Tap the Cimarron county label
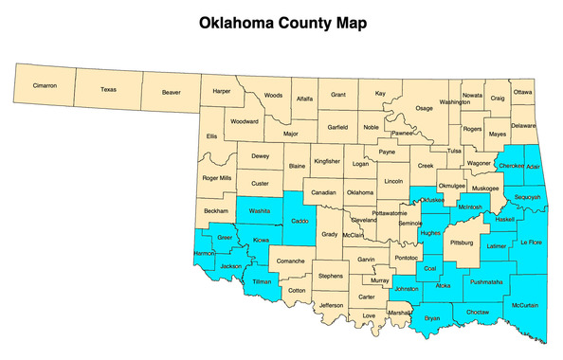point(45,86)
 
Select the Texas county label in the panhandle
point(108,89)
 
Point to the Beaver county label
point(172,93)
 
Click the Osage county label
point(424,108)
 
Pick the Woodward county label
point(245,121)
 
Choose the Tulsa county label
point(454,151)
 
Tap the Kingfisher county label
point(327,162)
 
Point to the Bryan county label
point(433,317)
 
